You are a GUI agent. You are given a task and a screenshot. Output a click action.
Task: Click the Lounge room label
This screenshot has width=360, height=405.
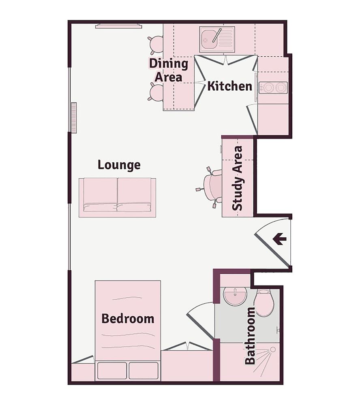pos(119,165)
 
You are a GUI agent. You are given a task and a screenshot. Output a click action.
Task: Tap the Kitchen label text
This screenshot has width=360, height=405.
pos(229,86)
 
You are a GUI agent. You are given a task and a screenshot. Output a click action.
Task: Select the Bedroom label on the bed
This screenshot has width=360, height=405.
pos(128,318)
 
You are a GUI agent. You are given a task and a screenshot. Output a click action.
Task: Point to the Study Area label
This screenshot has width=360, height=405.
pos(238,178)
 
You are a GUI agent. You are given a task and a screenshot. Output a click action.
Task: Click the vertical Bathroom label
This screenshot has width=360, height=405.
pos(251,336)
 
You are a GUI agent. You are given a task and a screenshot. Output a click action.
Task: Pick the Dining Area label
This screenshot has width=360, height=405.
pos(168,70)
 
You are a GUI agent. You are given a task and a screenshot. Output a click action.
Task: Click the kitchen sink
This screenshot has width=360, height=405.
pos(217,39)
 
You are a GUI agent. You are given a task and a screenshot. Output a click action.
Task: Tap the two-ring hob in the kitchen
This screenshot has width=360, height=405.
pos(273,87)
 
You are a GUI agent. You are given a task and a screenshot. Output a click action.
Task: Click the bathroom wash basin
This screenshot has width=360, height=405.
pos(235,296)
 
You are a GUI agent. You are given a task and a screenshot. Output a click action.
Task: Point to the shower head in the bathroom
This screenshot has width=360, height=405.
pos(272,349)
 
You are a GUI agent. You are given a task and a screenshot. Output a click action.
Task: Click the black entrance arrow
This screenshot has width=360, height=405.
pos(279,239)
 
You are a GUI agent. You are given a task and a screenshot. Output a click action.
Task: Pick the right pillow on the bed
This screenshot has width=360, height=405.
pos(144,371)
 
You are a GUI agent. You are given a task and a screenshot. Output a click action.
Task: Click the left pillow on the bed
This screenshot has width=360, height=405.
pos(112,371)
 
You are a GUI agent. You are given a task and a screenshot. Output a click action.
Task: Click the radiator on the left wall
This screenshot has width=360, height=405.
pos(73,117)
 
